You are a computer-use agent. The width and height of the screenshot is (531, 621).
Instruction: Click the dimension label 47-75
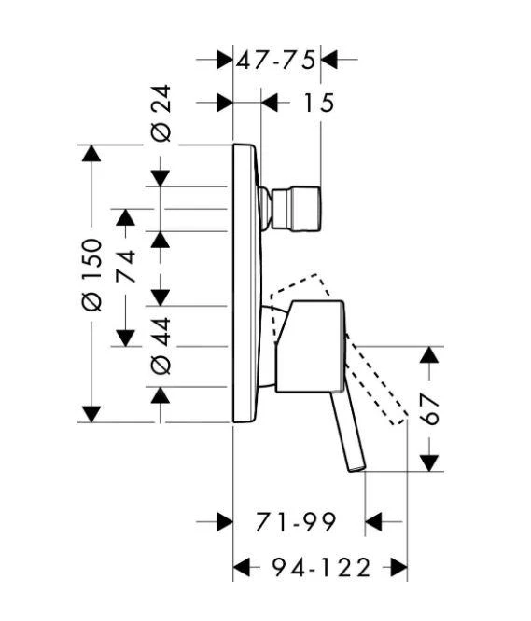(x=276, y=61)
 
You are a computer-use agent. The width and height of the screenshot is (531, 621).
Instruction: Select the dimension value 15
(x=319, y=103)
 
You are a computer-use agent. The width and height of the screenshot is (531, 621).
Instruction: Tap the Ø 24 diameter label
(x=161, y=113)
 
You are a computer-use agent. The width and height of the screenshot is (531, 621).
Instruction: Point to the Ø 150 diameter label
(x=91, y=274)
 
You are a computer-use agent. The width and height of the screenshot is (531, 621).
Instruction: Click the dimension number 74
(x=126, y=266)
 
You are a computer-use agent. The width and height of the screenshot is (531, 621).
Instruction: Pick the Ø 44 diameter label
(x=161, y=346)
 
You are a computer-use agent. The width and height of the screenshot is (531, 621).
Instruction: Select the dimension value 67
(x=429, y=408)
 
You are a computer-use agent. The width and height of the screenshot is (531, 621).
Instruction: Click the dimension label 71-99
(x=297, y=522)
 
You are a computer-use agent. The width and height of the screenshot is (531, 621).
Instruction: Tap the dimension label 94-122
(x=321, y=568)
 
